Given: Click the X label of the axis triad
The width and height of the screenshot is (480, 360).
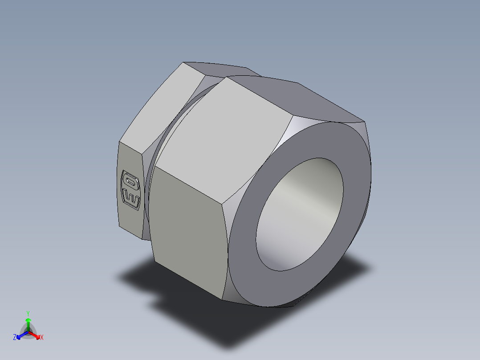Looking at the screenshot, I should (42, 338).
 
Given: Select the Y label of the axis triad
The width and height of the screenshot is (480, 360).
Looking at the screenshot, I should (28, 313).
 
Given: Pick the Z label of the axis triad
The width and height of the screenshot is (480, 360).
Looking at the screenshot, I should (15, 338).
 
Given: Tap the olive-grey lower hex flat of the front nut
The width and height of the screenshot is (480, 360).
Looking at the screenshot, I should (187, 232).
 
